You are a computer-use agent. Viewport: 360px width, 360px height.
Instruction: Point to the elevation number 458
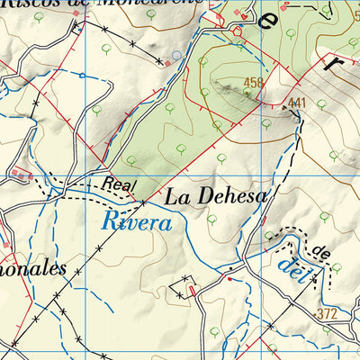(253, 82)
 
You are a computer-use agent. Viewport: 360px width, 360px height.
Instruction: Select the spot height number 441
(298, 103)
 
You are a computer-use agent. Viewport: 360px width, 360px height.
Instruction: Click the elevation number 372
(328, 313)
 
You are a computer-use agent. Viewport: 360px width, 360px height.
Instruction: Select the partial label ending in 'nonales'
(34, 268)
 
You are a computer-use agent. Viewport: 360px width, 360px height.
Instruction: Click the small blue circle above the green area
(176, 55)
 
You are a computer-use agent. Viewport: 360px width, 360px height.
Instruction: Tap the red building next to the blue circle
(167, 62)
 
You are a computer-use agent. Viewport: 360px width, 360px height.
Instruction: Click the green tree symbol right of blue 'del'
(337, 267)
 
